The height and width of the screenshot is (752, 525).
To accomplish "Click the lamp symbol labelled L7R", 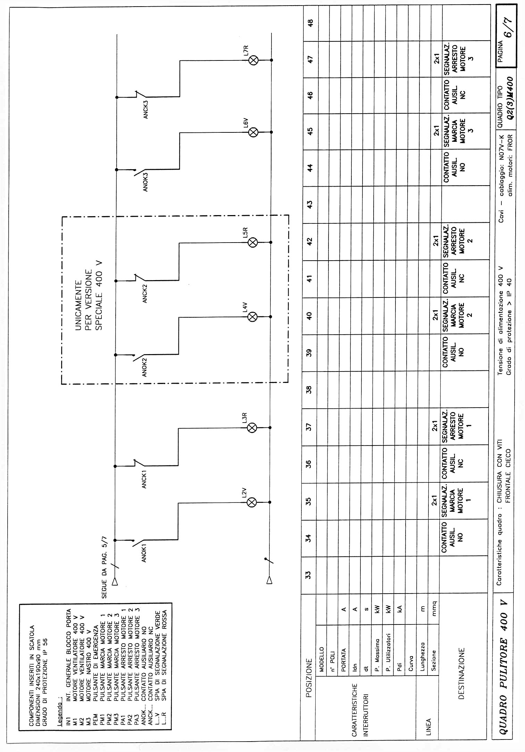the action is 254,60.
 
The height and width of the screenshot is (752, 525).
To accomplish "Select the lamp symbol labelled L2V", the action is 252,502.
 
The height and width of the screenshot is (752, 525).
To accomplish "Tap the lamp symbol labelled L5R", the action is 253,243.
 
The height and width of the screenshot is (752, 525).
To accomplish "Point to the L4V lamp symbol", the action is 253,317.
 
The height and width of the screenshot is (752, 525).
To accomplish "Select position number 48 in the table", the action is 311,23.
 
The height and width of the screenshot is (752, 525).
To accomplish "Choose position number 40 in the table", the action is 310,316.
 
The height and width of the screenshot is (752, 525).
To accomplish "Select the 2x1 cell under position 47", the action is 436,60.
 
